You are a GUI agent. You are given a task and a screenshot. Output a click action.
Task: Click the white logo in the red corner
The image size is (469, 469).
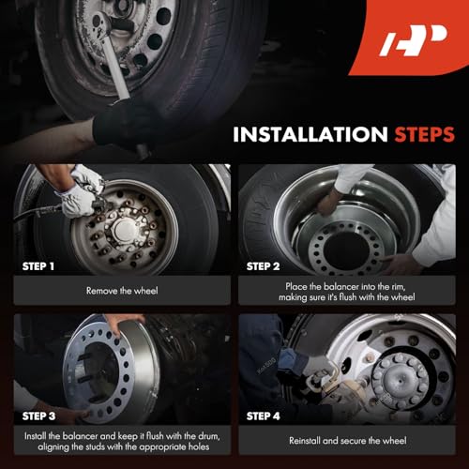point(413,40)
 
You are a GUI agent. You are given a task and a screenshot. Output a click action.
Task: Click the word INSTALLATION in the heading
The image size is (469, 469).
point(310,134)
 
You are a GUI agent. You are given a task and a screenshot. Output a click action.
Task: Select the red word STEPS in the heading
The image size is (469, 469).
point(424,134)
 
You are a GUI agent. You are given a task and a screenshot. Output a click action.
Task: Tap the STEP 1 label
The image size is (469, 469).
point(38,266)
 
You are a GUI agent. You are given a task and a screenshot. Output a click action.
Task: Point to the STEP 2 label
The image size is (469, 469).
point(263,266)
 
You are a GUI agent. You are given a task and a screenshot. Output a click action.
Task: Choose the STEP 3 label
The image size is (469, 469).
point(38,416)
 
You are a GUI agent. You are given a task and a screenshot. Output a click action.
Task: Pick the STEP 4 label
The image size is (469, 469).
point(263,416)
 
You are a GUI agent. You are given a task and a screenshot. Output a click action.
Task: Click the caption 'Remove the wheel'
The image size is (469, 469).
point(122,291)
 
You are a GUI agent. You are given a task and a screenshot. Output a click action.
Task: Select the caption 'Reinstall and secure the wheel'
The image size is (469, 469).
point(348,441)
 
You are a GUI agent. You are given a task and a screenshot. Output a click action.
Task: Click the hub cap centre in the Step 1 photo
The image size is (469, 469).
point(126,230)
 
